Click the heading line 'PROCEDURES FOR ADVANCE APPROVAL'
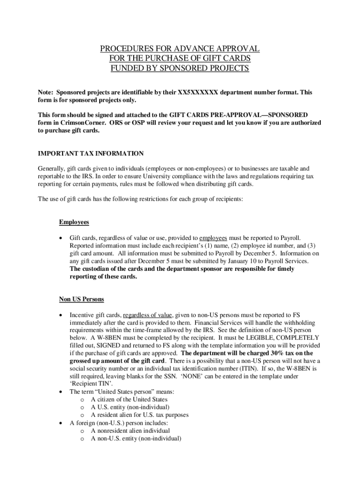click(180, 49)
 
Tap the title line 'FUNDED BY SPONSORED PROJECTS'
click(180, 68)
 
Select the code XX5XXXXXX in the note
click(197, 93)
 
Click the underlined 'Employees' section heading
click(74, 222)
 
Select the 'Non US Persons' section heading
click(81, 299)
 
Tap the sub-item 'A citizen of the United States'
click(129, 399)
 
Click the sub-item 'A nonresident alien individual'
click(130, 430)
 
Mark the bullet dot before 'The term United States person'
click(60, 392)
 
